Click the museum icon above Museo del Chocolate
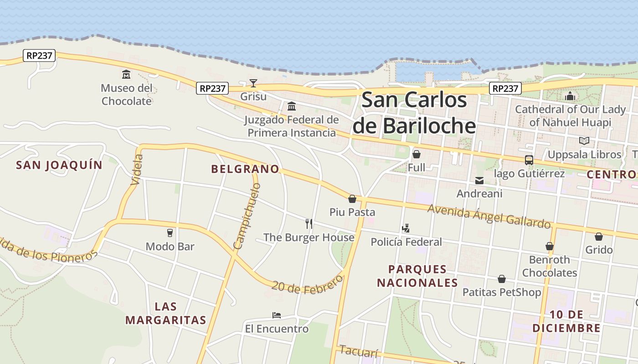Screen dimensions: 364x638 point(126,74)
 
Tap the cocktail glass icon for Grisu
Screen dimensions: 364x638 point(253,83)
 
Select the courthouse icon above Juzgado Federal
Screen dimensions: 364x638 point(292,106)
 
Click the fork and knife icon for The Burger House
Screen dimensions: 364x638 point(309,223)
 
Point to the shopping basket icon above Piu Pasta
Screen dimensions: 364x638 point(352,199)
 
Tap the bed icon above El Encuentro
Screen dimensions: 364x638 point(277,315)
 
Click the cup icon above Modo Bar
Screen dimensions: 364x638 point(170,233)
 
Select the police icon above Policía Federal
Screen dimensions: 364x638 point(406,228)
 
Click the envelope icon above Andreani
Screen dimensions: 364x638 point(479,181)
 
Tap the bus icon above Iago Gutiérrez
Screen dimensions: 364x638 point(529,160)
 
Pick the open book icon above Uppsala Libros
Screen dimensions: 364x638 point(584,141)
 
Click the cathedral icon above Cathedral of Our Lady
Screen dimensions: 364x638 point(570,96)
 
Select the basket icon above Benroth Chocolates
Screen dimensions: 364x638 point(550,246)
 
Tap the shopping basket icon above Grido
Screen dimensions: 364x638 point(599,237)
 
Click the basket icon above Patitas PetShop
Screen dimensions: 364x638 point(502,279)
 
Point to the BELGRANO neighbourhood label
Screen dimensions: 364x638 point(245,169)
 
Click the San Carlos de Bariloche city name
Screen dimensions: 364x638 point(414,113)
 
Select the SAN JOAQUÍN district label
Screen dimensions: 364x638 point(59,165)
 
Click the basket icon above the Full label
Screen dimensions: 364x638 point(417,154)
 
